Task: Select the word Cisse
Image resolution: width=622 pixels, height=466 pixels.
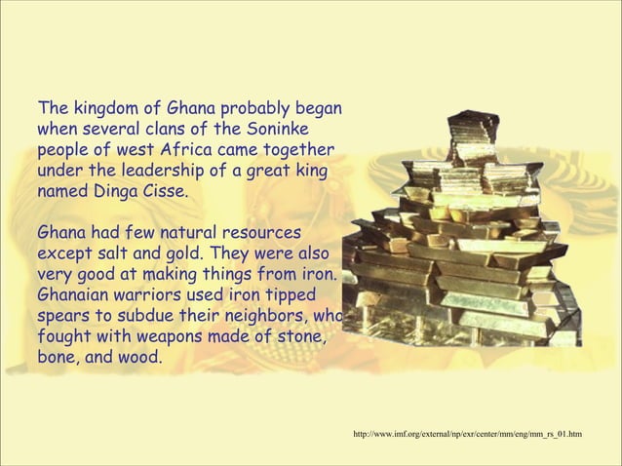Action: (x=161, y=190)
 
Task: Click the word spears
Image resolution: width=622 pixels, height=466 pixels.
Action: (x=62, y=318)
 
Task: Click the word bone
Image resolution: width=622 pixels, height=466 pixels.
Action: (x=57, y=360)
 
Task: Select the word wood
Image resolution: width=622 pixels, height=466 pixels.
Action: (x=139, y=360)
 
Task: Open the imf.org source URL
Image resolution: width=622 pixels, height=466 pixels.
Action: (x=469, y=432)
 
